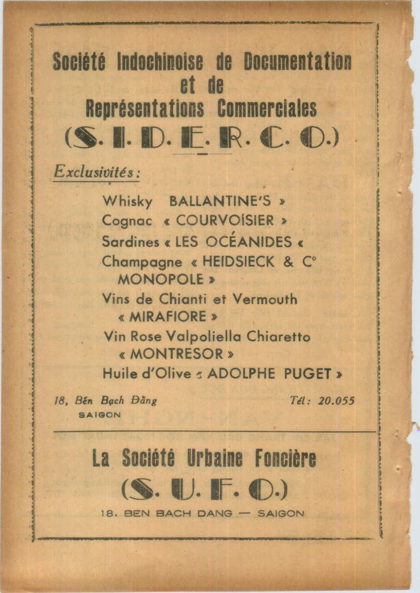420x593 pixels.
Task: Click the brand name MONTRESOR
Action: pos(176,354)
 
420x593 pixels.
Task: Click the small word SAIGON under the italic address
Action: pos(99,415)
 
